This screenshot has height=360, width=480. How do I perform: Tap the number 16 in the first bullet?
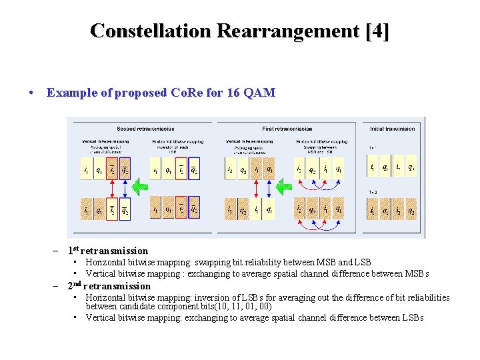[233, 93]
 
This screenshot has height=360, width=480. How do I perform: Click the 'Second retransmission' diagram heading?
[145, 129]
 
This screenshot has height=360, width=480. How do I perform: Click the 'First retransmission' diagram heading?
[287, 129]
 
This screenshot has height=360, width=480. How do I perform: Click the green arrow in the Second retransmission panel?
[140, 187]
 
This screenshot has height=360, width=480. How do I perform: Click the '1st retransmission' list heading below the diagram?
[107, 251]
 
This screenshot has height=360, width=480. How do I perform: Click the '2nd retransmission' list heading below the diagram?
[109, 286]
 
